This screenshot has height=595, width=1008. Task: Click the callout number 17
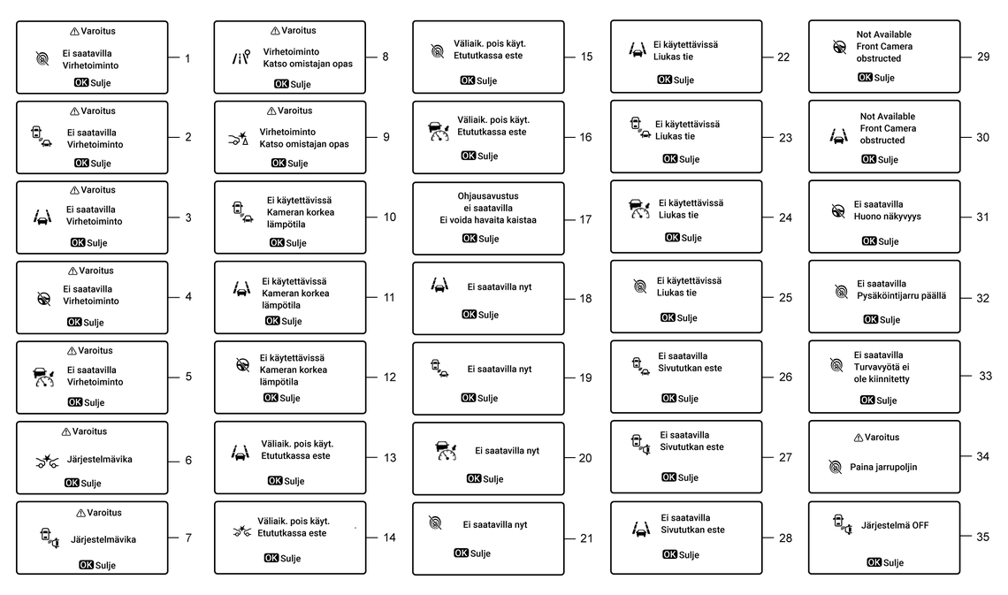pyautogui.click(x=585, y=219)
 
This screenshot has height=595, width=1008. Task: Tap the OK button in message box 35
pyautogui.click(x=874, y=562)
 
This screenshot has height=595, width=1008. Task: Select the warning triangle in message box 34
pyautogui.click(x=859, y=438)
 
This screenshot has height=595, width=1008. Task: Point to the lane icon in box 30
pyautogui.click(x=837, y=137)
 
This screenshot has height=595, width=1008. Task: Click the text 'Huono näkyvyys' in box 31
pyautogui.click(x=887, y=216)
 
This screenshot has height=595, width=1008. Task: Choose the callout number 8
pyautogui.click(x=385, y=57)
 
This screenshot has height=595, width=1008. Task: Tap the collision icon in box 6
pyautogui.click(x=47, y=460)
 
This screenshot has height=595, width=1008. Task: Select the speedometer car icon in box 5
pyautogui.click(x=43, y=377)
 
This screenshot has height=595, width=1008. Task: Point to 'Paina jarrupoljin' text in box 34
pyautogui.click(x=883, y=467)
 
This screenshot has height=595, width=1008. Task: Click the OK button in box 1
pyautogui.click(x=81, y=82)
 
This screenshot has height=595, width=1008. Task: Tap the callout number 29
pyautogui.click(x=983, y=57)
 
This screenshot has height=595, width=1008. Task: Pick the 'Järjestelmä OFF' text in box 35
pyautogui.click(x=895, y=525)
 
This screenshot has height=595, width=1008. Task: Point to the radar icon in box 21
pyautogui.click(x=435, y=523)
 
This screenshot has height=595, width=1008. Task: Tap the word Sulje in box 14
pyautogui.click(x=291, y=559)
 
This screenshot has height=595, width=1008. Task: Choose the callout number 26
pyautogui.click(x=785, y=378)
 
